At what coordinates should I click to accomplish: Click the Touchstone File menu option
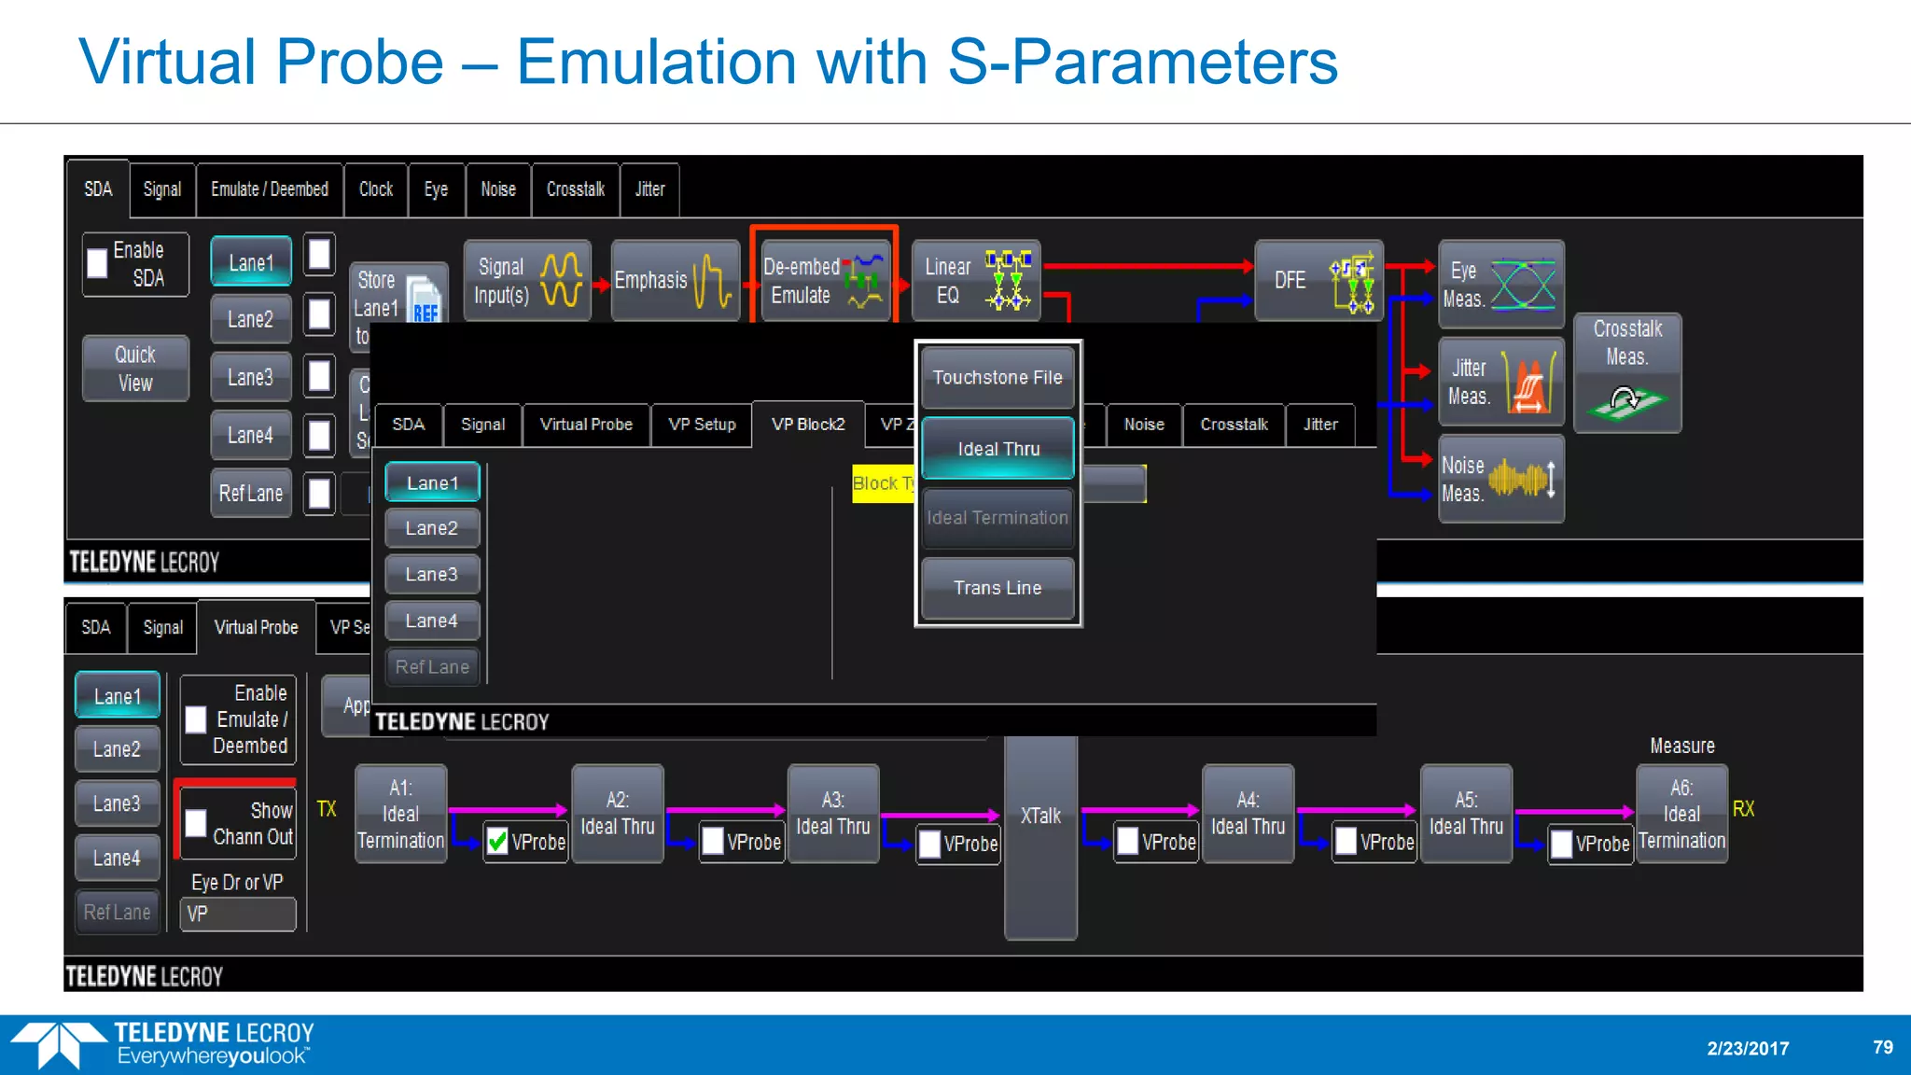point(997,377)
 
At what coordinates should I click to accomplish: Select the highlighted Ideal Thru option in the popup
point(997,449)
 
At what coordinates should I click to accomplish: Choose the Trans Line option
point(997,588)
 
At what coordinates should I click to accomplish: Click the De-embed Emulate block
point(824,281)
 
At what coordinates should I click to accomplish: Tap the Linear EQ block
point(975,281)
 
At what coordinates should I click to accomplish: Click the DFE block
point(1318,280)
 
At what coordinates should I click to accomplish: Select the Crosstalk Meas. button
point(1627,372)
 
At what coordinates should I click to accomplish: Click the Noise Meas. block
point(1500,479)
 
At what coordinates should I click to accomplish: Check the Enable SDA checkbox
point(97,264)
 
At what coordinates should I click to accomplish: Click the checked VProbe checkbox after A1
point(498,842)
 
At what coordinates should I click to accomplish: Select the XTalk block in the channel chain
point(1040,817)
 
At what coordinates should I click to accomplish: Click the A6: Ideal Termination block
point(1681,814)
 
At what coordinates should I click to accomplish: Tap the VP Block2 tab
point(808,425)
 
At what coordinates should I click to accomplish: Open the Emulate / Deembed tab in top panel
point(270,189)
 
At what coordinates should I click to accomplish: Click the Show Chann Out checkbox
point(196,823)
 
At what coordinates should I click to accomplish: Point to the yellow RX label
point(1743,809)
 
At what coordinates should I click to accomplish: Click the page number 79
point(1882,1047)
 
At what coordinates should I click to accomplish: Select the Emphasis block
point(674,280)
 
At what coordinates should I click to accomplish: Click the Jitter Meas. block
point(1500,382)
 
